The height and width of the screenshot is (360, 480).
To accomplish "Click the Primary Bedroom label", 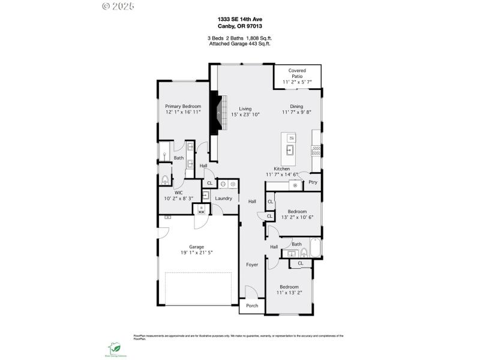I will coord(183,106).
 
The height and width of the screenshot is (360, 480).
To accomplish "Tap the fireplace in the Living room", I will coord(215,112).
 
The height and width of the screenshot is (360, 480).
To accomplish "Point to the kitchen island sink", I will coord(290,150).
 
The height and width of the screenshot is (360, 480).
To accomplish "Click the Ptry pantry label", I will coord(313,182).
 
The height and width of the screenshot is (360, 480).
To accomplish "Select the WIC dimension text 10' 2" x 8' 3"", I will coord(178,199).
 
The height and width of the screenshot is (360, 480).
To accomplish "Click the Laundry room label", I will coord(223,198).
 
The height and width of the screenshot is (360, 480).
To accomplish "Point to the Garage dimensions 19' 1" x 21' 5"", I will coord(197,253).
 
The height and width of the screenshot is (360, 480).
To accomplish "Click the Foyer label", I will coord(252,264).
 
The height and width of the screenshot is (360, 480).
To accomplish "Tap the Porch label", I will coord(252,305).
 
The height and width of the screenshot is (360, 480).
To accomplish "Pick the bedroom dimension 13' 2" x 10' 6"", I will coord(297,217).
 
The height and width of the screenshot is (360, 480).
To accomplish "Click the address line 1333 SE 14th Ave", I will coord(240,19).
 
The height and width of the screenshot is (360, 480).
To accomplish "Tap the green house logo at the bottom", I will coord(114,348).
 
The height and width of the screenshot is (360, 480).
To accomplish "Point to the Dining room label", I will coord(296,106).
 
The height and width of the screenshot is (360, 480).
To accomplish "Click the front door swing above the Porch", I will coord(251,292).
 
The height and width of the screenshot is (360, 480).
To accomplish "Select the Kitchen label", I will coord(282,169).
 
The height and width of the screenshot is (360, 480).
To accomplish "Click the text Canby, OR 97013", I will coord(240,26).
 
